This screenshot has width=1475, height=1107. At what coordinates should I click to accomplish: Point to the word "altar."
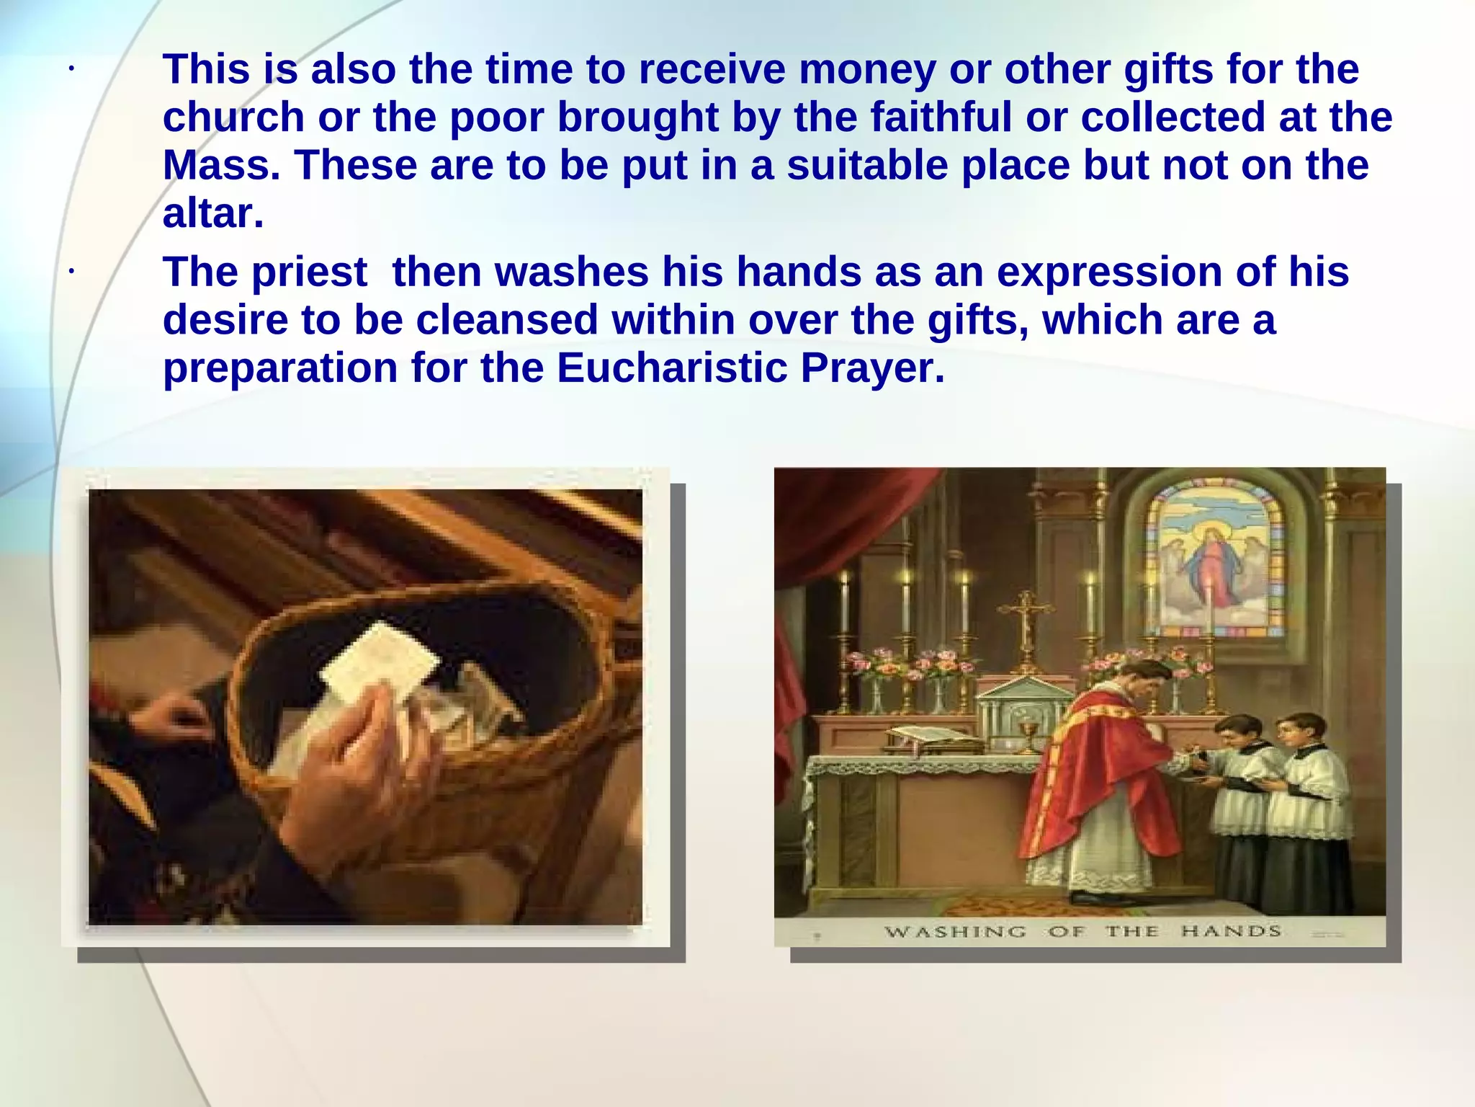213,214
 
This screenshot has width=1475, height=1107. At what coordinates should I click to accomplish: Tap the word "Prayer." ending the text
872,368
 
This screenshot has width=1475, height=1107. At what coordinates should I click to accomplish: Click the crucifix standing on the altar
1026,620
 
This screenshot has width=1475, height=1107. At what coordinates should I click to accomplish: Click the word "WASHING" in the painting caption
955,932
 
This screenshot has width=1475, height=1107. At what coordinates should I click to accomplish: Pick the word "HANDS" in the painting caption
1231,931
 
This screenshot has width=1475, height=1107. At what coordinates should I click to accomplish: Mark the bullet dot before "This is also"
71,70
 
